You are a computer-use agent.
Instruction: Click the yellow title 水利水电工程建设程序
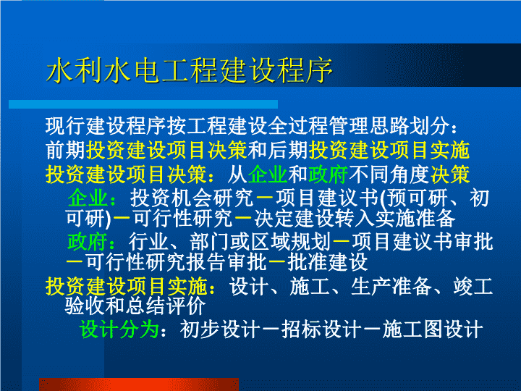click(x=190, y=70)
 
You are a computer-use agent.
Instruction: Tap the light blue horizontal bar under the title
click(x=143, y=104)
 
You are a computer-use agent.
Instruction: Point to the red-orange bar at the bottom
click(x=139, y=384)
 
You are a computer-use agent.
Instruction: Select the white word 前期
click(x=65, y=151)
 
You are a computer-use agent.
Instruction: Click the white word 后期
click(x=288, y=151)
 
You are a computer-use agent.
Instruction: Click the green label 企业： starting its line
click(x=92, y=198)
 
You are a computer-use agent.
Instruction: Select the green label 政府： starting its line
click(x=92, y=241)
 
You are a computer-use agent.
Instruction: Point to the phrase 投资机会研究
click(x=192, y=198)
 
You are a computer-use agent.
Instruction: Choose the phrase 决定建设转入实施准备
click(x=355, y=219)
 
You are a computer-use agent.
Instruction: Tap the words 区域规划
click(x=291, y=241)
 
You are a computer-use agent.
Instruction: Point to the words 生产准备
click(x=391, y=286)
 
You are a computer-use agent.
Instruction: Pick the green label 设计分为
click(x=119, y=329)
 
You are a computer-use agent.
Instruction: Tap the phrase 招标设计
click(x=321, y=329)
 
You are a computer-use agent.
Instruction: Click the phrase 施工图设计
click(x=432, y=329)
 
